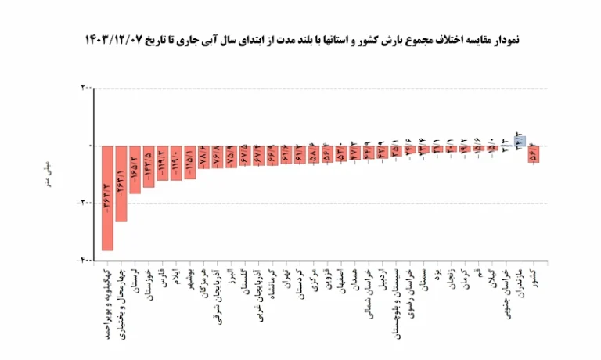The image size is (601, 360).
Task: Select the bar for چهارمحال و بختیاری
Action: (121, 183)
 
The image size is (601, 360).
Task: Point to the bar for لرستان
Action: (135, 169)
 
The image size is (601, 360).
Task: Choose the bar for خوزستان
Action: (149, 166)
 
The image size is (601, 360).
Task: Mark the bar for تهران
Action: (286, 154)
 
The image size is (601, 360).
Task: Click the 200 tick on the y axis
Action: (85, 88)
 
